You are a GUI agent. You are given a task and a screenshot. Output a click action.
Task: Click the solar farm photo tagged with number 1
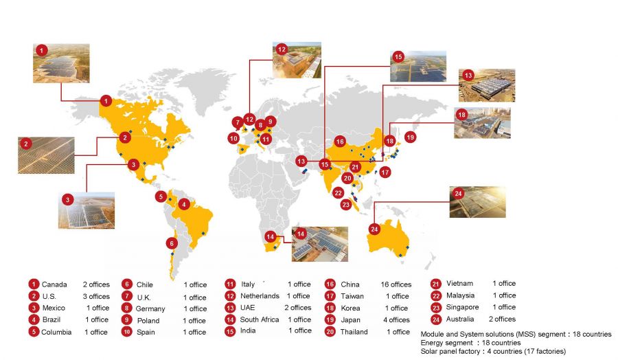61,64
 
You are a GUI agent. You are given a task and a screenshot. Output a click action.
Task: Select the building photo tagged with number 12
297,60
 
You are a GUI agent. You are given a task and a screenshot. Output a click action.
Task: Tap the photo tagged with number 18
482,123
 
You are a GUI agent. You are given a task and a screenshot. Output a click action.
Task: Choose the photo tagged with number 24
477,202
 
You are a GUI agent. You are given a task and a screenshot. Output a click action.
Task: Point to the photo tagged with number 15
417,66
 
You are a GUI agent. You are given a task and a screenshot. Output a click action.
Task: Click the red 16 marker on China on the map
340,142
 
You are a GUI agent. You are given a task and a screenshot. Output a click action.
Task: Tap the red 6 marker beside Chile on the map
172,243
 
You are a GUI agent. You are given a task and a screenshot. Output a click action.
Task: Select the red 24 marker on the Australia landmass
374,229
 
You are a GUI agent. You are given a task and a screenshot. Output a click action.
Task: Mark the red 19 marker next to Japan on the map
411,137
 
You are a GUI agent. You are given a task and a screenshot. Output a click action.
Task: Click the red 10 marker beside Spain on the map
234,138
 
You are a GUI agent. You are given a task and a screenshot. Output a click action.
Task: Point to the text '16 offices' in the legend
396,284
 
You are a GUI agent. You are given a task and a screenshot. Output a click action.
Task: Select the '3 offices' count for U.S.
95,296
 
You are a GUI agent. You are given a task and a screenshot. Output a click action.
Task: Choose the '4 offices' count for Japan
397,319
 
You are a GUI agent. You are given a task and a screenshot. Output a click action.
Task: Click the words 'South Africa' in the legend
260,319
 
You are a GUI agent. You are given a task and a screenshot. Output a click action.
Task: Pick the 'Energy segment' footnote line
470,343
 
